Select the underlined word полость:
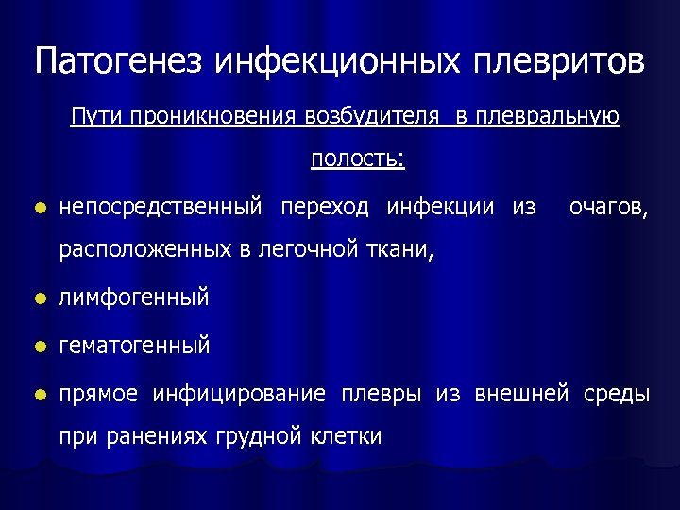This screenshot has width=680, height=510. click(358, 160)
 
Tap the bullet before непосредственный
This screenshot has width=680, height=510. click(38, 208)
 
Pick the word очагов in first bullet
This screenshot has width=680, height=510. click(608, 206)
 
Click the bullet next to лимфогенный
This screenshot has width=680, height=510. click(38, 299)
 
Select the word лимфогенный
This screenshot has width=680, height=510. click(133, 298)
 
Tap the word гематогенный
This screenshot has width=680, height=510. click(134, 346)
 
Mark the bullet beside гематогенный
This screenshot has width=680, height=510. click(38, 347)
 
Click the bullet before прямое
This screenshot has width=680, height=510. click(38, 394)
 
